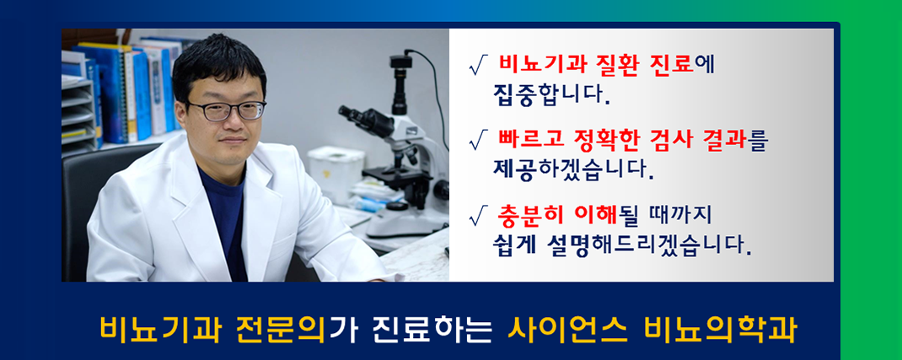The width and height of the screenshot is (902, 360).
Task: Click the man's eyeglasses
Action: [226, 110]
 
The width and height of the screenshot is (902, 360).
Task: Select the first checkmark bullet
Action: [479, 66]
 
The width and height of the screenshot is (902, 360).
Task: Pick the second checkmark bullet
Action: [479, 140]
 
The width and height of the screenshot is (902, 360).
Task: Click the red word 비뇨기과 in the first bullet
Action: [537, 65]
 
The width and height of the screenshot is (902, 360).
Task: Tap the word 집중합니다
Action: [550, 96]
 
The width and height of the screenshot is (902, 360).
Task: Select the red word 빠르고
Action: [530, 140]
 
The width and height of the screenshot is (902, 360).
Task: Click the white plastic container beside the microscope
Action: [336, 167]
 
